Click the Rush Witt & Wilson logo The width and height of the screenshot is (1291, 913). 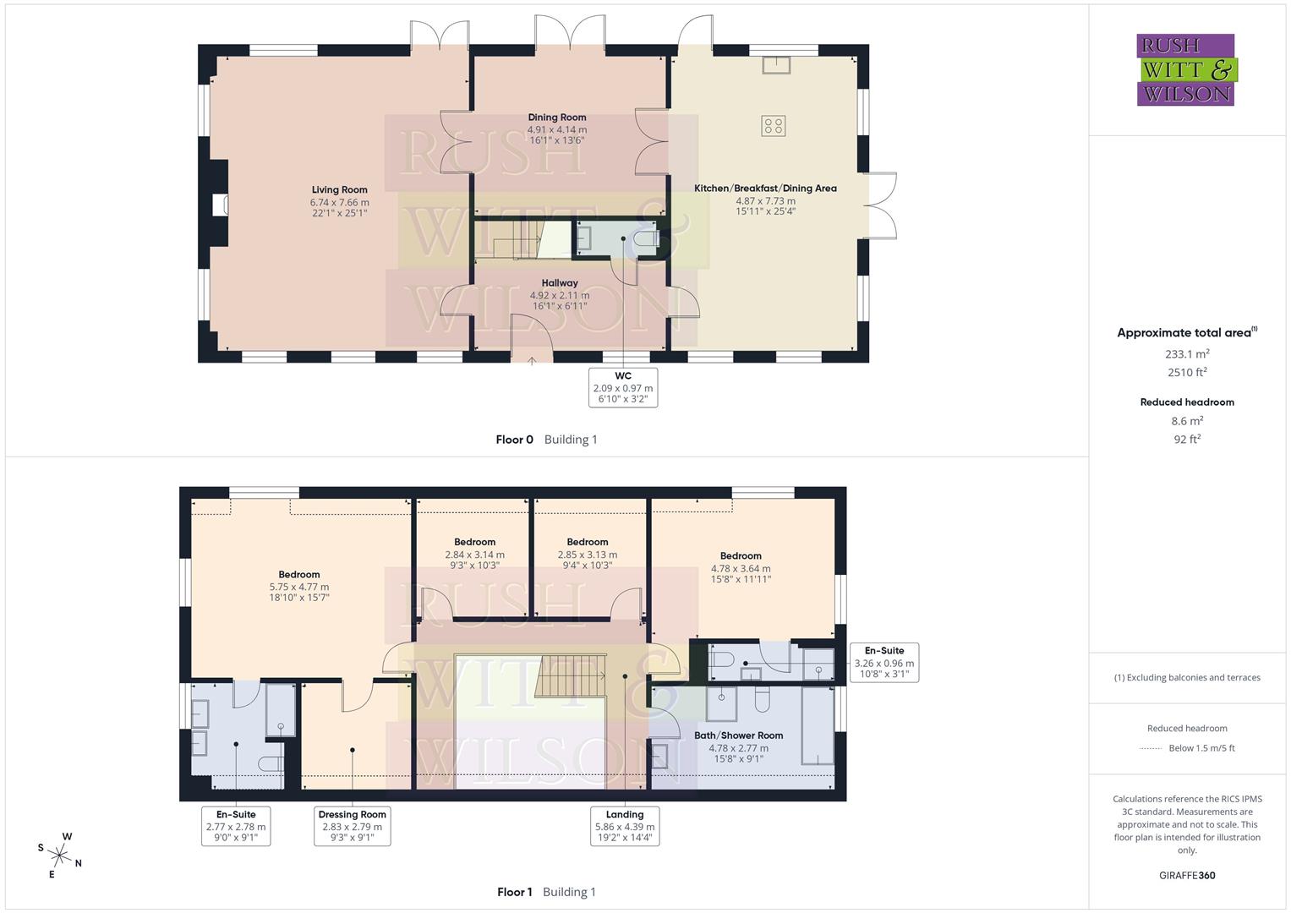(1185, 69)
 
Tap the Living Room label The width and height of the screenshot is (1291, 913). (339, 190)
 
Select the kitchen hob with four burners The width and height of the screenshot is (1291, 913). (773, 126)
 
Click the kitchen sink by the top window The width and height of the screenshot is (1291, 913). (774, 64)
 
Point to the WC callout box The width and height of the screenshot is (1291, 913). (623, 387)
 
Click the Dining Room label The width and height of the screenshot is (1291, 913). (556, 118)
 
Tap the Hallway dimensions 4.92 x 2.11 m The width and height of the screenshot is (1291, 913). (560, 295)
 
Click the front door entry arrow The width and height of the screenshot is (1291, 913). (532, 361)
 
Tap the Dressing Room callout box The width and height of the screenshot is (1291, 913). (352, 826)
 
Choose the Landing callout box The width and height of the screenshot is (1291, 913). (625, 826)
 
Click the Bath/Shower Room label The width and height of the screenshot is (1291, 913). (738, 735)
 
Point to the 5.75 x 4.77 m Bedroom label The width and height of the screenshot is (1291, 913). (299, 586)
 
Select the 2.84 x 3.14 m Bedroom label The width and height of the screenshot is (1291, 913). (474, 554)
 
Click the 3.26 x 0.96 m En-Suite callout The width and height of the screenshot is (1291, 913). (883, 663)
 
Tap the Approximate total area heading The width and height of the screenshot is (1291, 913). (1186, 333)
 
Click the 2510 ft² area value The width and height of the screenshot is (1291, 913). (1187, 372)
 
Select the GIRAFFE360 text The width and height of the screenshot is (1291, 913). (1187, 875)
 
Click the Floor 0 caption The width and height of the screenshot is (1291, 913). (515, 440)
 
